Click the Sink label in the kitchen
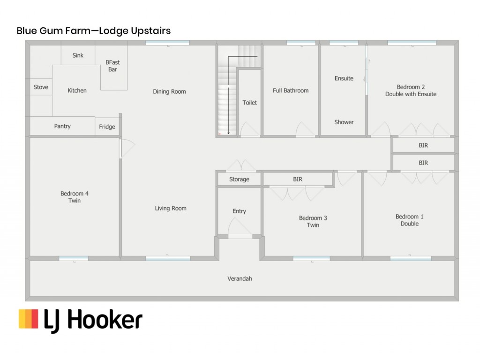(x=78, y=55)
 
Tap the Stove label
(x=41, y=87)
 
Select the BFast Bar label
(x=112, y=66)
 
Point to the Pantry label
(x=62, y=126)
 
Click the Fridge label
(x=107, y=127)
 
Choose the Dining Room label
(x=169, y=91)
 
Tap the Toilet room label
(x=250, y=103)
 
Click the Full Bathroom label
(x=291, y=90)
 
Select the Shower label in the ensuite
(x=344, y=122)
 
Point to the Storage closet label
(x=239, y=180)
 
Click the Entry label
(x=239, y=211)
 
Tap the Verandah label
(x=240, y=278)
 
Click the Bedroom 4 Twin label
(x=75, y=197)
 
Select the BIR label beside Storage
(x=298, y=180)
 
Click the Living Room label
(x=171, y=209)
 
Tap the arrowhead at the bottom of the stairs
(x=228, y=133)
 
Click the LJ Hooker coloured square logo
(x=29, y=319)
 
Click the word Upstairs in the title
(x=151, y=31)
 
